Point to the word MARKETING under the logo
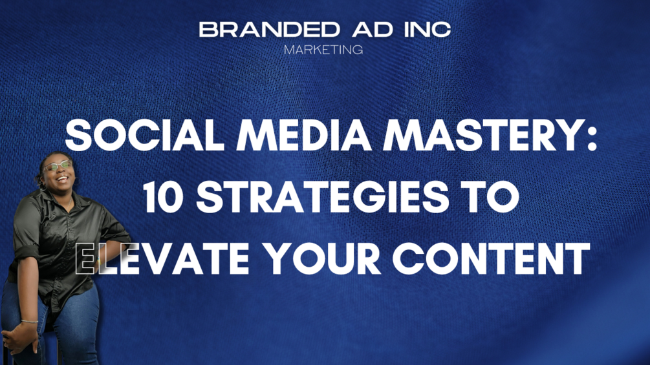pos(324,49)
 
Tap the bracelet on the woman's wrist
pos(28,321)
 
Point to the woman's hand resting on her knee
pos(19,336)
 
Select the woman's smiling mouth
pos(61,180)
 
